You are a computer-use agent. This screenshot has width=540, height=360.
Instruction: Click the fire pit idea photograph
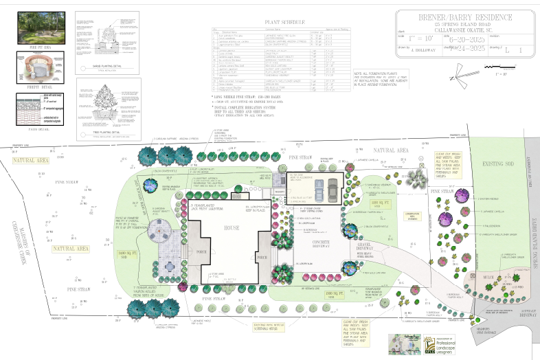point(33,26)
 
